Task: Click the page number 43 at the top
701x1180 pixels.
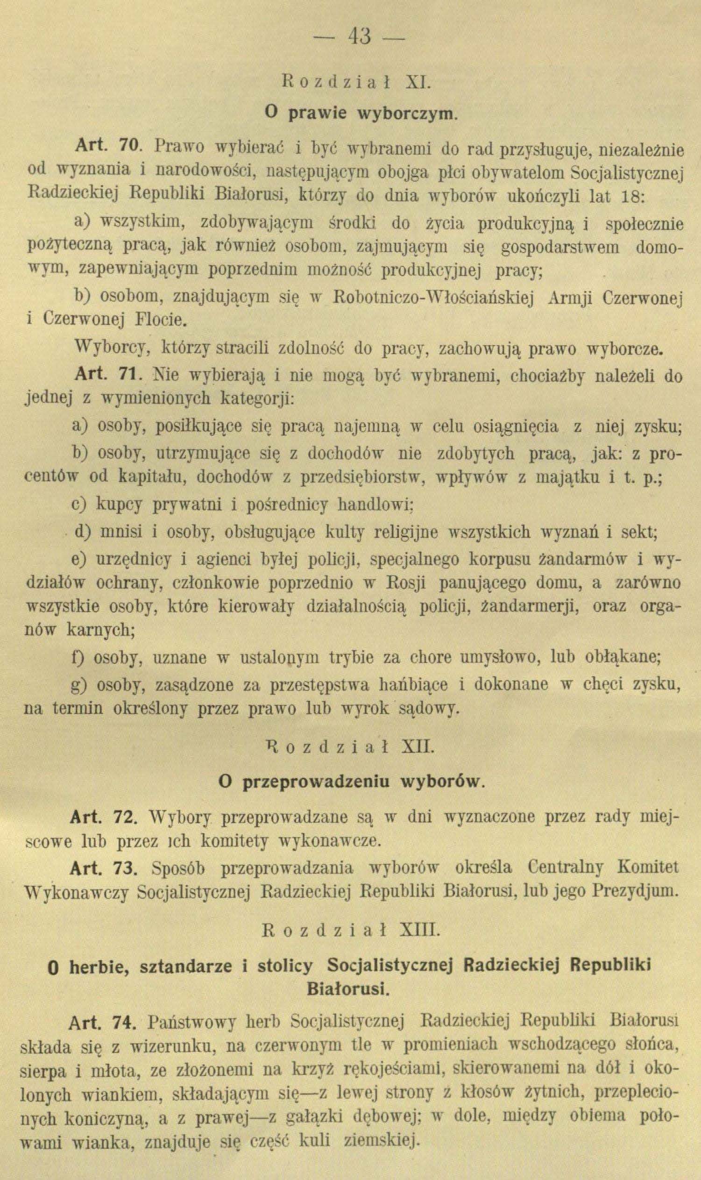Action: pos(360,37)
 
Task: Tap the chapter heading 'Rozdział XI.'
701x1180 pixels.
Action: pos(355,81)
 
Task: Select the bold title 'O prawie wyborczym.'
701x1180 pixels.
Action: pos(360,114)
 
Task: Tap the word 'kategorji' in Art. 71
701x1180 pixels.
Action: pos(258,399)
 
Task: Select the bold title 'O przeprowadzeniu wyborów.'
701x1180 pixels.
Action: pos(352,782)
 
